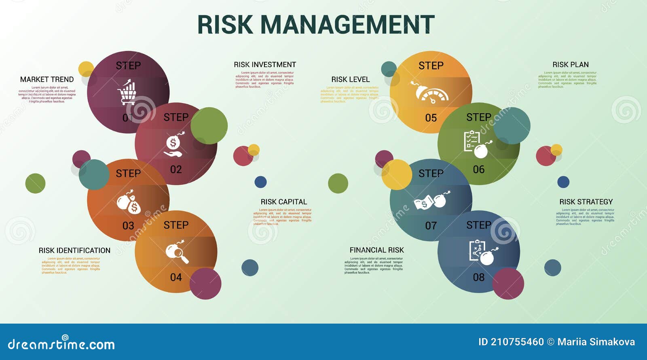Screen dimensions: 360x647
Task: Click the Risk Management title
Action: point(316,25)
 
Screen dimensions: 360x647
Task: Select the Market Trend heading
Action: point(47,80)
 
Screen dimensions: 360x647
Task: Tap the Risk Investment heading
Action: point(265,65)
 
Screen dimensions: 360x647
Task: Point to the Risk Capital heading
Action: point(283,202)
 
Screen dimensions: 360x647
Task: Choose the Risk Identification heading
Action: point(74,251)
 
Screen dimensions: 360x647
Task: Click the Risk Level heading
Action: point(351,80)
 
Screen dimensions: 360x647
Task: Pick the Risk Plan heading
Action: point(571,65)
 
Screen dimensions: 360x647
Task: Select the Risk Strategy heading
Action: point(586,202)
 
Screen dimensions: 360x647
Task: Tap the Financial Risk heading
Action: point(376,250)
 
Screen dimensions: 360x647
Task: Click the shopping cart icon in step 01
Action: point(127,93)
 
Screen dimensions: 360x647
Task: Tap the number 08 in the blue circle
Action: point(479,277)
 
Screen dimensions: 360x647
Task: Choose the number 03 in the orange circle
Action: point(128,226)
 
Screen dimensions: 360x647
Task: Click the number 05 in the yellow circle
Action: point(431,118)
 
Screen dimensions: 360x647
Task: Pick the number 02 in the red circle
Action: point(176,169)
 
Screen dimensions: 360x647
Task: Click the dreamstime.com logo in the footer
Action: point(61,344)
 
